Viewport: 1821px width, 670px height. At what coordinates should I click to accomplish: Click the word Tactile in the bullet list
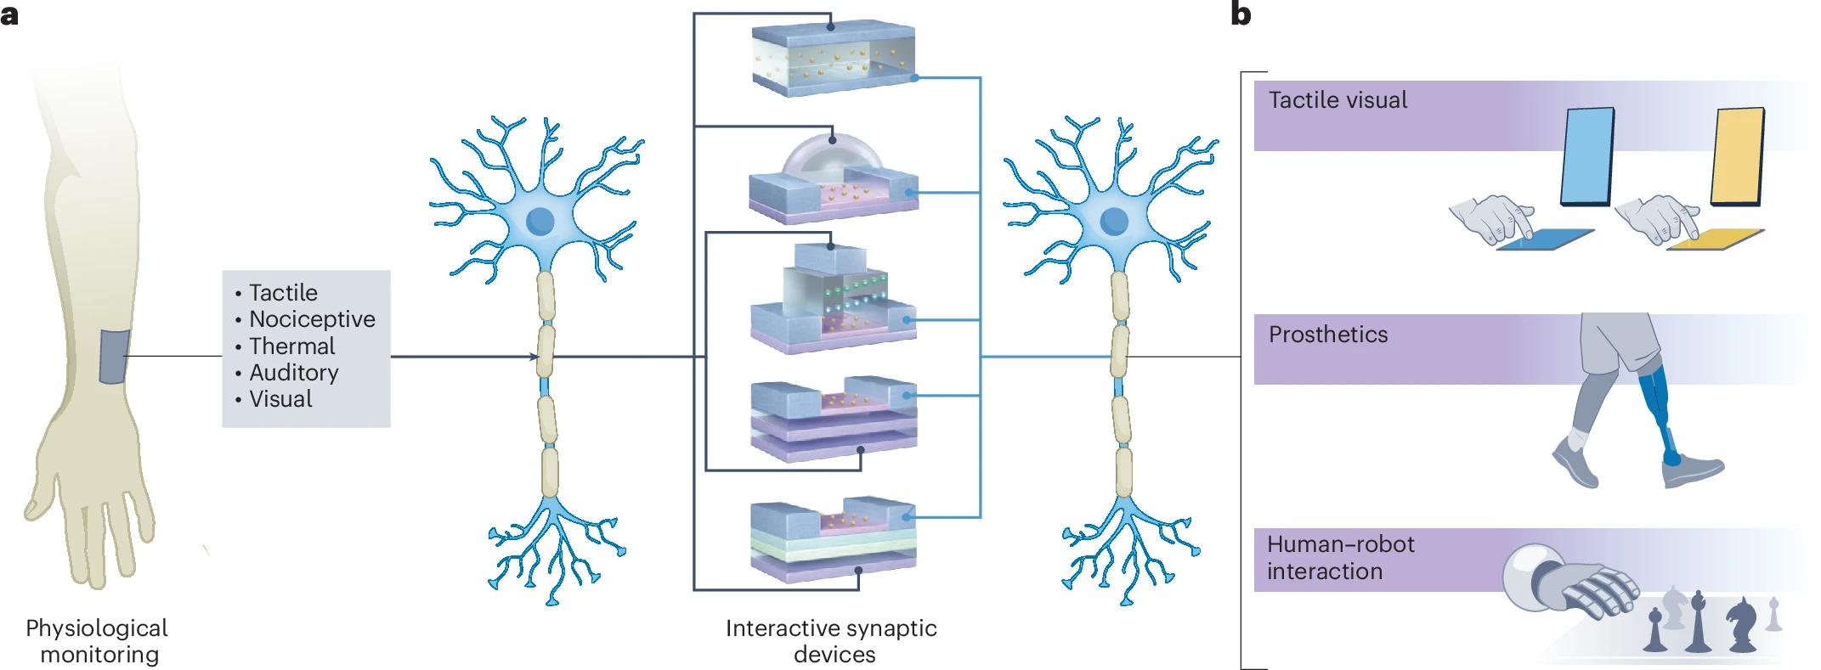pyautogui.click(x=283, y=293)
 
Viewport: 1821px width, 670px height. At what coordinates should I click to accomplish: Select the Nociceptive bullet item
pyautogui.click(x=312, y=319)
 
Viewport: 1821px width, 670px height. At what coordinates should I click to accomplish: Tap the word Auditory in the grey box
pyautogui.click(x=294, y=373)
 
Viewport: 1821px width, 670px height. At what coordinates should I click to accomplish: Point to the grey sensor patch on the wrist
pyautogui.click(x=114, y=356)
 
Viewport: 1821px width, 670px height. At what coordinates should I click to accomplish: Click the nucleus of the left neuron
pyautogui.click(x=540, y=221)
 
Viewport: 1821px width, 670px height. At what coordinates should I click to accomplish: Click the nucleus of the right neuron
pyautogui.click(x=1114, y=221)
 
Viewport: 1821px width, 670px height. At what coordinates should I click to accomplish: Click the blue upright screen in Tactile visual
pyautogui.click(x=1587, y=157)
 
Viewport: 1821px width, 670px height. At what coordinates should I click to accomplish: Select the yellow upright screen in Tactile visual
pyautogui.click(x=1738, y=157)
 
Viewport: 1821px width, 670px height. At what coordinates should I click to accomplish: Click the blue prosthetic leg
pyautogui.click(x=1661, y=412)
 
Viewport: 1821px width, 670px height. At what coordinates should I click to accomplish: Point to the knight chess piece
pyautogui.click(x=1741, y=624)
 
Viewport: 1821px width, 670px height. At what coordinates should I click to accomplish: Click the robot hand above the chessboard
pyautogui.click(x=1572, y=586)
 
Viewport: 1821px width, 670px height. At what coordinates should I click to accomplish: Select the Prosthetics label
pyautogui.click(x=1328, y=335)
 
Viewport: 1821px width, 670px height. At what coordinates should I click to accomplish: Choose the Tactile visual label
pyautogui.click(x=1337, y=100)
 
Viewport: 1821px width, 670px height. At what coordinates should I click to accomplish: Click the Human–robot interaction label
pyautogui.click(x=1341, y=558)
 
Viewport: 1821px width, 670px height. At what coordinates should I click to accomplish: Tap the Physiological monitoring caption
pyautogui.click(x=98, y=641)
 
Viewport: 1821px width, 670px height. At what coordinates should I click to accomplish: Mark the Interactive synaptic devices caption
pyautogui.click(x=832, y=641)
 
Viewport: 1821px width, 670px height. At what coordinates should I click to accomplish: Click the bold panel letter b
pyautogui.click(x=1241, y=14)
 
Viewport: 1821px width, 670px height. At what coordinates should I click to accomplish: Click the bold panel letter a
pyautogui.click(x=9, y=15)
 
